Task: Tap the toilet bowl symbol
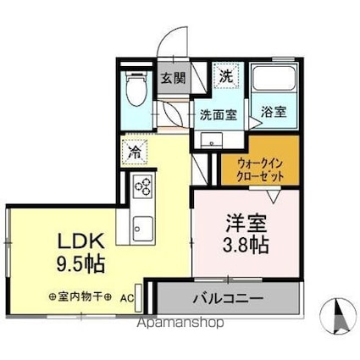click(x=135, y=92)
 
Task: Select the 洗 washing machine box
click(x=226, y=75)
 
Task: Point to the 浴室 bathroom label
click(x=273, y=111)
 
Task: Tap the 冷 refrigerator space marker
click(x=136, y=153)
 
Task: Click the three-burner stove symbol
click(x=141, y=186)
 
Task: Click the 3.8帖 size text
click(x=246, y=247)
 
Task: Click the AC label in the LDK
click(x=125, y=298)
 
